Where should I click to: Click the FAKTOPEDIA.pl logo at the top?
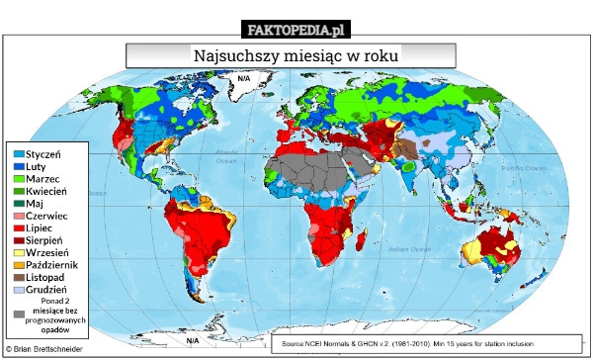(x=296, y=29)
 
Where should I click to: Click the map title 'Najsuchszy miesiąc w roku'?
(x=290, y=55)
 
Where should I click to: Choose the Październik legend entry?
(x=50, y=265)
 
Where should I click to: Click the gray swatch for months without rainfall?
(x=20, y=315)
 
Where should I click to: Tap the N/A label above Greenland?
(x=244, y=78)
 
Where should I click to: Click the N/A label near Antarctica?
(x=192, y=340)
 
